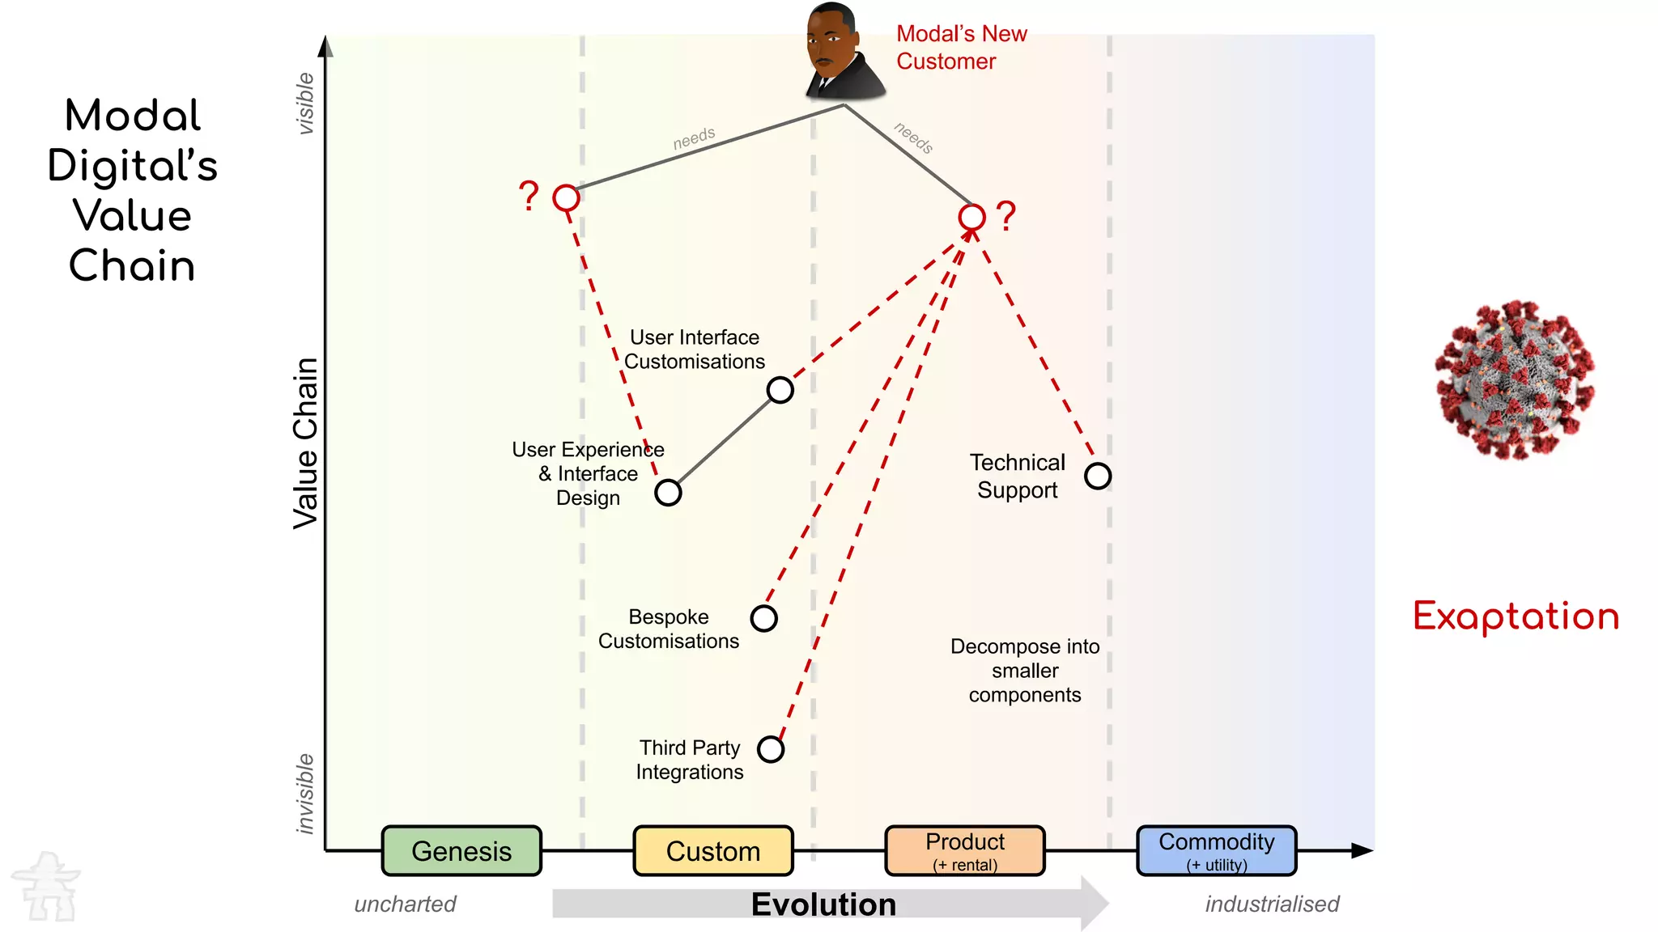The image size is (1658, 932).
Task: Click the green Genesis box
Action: [x=461, y=850]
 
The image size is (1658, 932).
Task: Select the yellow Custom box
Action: [x=713, y=850]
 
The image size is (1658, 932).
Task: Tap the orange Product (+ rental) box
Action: [x=965, y=850]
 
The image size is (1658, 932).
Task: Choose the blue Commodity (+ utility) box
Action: [x=1217, y=850]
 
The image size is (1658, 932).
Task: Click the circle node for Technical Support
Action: [x=1098, y=476]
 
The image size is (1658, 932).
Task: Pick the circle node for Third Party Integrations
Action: [x=771, y=749]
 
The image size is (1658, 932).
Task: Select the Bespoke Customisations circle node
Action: [x=764, y=618]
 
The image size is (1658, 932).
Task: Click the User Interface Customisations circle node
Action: [x=780, y=390]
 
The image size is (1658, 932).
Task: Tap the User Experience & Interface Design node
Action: [x=668, y=492]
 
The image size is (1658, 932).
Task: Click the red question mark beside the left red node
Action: [x=529, y=196]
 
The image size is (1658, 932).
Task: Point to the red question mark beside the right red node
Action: [x=1006, y=216]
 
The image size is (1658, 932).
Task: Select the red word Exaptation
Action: [x=1516, y=616]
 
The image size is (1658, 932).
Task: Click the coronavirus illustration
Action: [x=1514, y=380]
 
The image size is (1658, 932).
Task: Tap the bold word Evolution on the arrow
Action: [x=823, y=904]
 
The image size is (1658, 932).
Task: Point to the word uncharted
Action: [x=405, y=904]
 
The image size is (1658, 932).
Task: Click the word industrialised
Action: [x=1272, y=904]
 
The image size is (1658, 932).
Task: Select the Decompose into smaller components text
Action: [x=1025, y=671]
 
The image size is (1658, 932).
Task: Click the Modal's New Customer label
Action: [x=961, y=47]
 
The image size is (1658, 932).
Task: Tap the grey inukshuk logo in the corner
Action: [x=47, y=887]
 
